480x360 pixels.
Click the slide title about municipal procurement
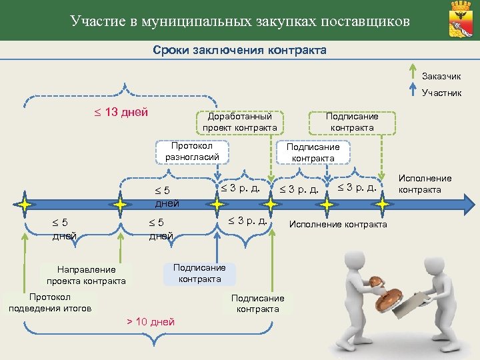[x=240, y=21]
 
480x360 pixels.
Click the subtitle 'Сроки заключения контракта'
[x=240, y=51]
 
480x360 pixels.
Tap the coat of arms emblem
[x=461, y=20]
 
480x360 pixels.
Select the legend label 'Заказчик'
[x=441, y=76]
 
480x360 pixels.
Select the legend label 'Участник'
[x=441, y=93]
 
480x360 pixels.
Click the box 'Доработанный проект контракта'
[x=239, y=121]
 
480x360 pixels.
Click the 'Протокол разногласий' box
[x=192, y=151]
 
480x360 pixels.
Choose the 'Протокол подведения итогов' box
[x=50, y=302]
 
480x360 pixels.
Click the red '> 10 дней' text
[x=151, y=322]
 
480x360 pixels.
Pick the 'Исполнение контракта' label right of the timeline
[x=425, y=184]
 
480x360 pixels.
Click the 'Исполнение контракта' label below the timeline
[x=337, y=224]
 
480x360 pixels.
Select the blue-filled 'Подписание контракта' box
[x=199, y=273]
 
